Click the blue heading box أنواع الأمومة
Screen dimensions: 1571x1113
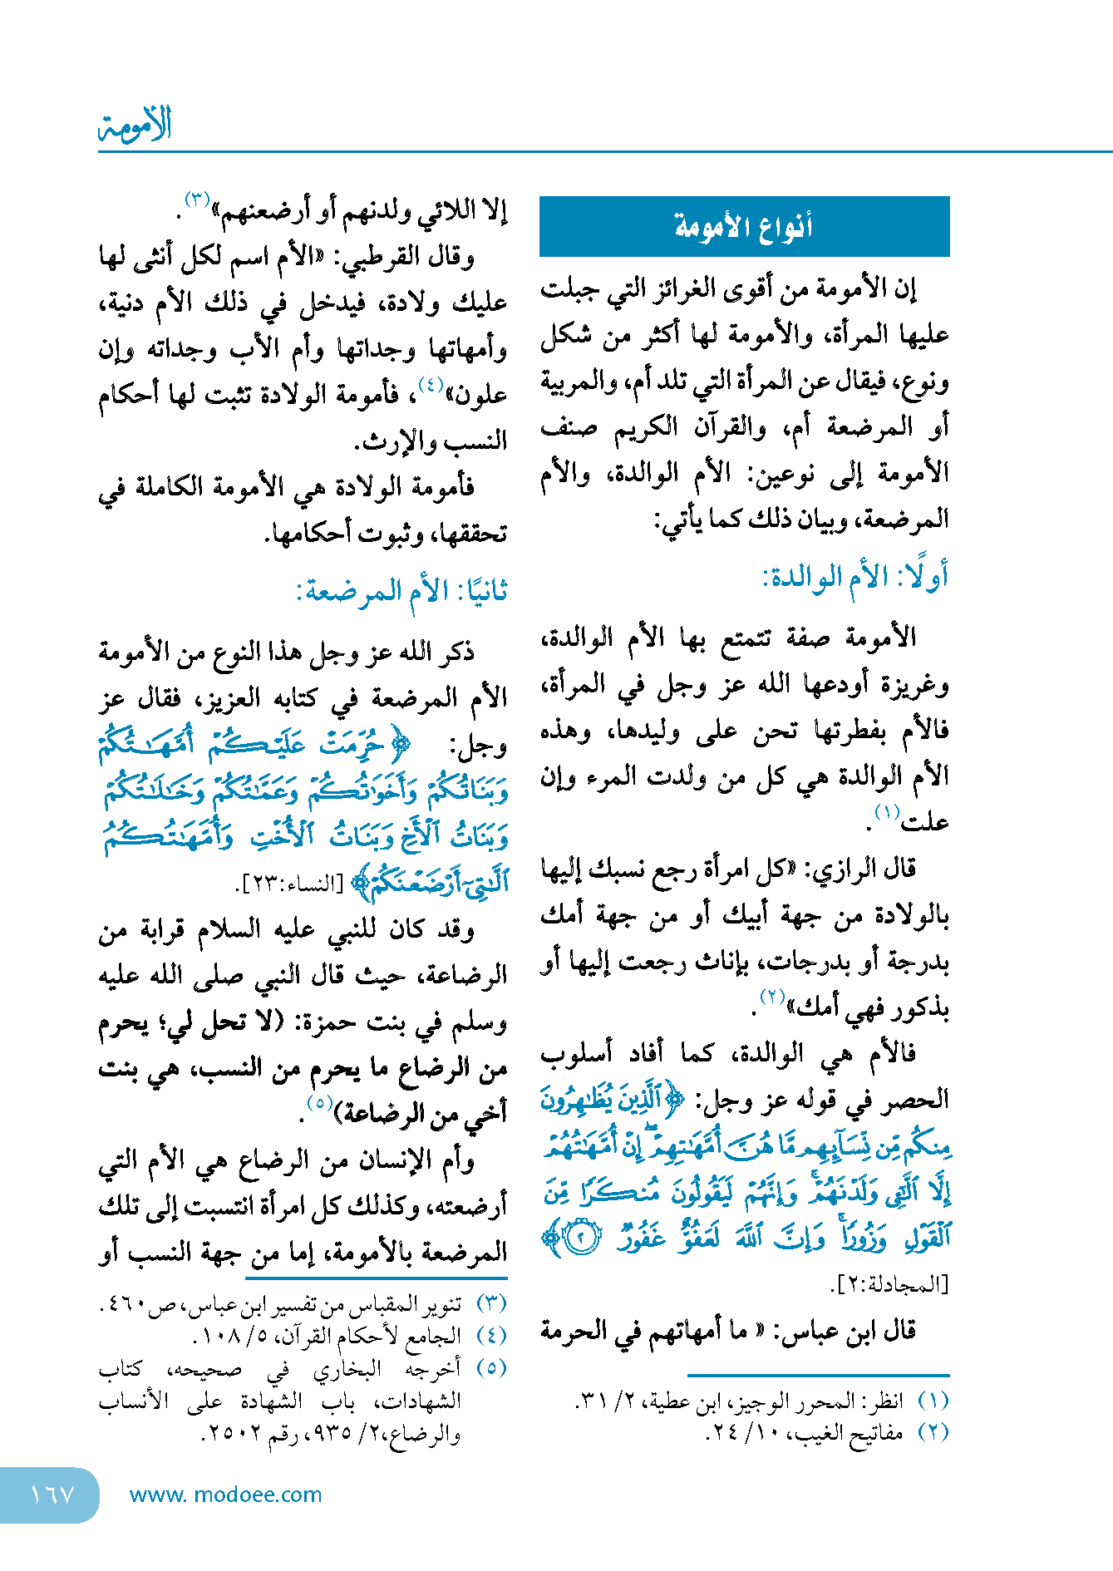pyautogui.click(x=744, y=226)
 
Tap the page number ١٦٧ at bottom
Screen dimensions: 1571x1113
pyautogui.click(x=52, y=1495)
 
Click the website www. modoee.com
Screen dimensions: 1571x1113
pyautogui.click(x=226, y=1495)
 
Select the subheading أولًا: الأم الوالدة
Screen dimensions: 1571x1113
pyautogui.click(x=854, y=578)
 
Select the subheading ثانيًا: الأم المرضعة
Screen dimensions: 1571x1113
pyautogui.click(x=401, y=592)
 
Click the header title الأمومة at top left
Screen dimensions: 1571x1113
pyautogui.click(x=135, y=125)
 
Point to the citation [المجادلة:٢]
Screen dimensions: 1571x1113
pyautogui.click(x=889, y=1284)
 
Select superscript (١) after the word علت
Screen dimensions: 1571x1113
pyautogui.click(x=887, y=812)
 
